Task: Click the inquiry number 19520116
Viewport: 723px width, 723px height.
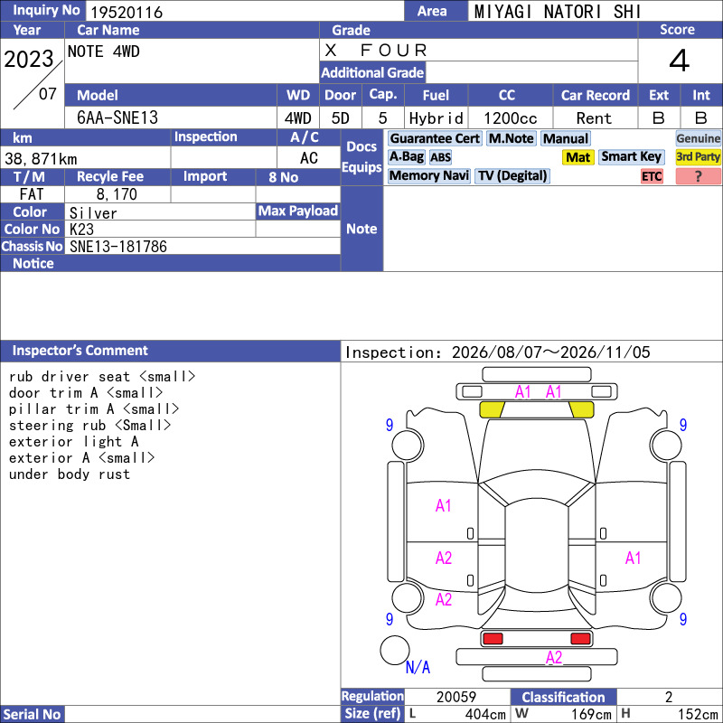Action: pyautogui.click(x=127, y=12)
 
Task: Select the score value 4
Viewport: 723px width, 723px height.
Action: pyautogui.click(x=680, y=61)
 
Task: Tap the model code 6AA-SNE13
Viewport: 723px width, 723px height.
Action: pyautogui.click(x=117, y=117)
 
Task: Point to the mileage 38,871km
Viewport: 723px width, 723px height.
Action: pyautogui.click(x=41, y=159)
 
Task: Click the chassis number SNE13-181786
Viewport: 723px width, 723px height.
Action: pyautogui.click(x=118, y=247)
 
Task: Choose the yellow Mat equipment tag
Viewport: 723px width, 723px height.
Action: pyautogui.click(x=577, y=157)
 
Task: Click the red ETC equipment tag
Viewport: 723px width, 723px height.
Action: pyautogui.click(x=652, y=176)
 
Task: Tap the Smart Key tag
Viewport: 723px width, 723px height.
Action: pyautogui.click(x=631, y=156)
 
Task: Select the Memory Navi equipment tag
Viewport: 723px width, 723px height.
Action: pyautogui.click(x=428, y=175)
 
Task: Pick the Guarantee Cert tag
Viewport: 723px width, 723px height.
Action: pyautogui.click(x=435, y=138)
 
